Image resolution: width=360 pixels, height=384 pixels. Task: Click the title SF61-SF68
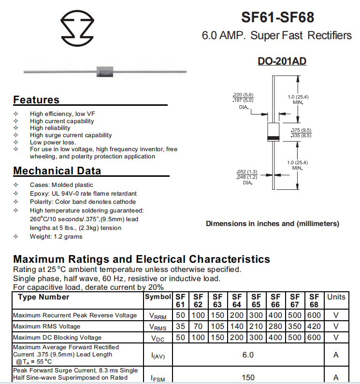tap(277, 18)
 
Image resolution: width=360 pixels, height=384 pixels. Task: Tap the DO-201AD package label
tap(282, 61)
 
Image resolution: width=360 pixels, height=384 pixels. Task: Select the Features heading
tap(36, 100)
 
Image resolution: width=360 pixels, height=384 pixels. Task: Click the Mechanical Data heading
tap(57, 171)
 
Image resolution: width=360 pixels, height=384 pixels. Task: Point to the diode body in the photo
tap(105, 71)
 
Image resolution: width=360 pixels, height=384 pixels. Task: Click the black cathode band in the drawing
tap(274, 139)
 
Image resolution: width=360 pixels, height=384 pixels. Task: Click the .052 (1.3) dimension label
tap(247, 172)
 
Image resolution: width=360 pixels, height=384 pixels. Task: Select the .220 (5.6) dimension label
tap(243, 95)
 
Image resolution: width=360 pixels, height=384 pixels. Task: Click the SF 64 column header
tap(237, 300)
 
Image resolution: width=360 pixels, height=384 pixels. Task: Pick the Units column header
tap(336, 297)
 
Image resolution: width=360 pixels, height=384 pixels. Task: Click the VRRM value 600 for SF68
tap(314, 315)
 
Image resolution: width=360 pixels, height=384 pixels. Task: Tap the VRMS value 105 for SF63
tap(217, 327)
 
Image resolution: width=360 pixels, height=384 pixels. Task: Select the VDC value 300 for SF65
tap(256, 337)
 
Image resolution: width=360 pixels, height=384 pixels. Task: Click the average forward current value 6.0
tap(248, 355)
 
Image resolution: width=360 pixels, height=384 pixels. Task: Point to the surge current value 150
tap(248, 377)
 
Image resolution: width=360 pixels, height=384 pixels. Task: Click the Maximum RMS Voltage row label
tap(47, 327)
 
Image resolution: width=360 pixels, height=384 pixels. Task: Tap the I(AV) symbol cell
tap(158, 356)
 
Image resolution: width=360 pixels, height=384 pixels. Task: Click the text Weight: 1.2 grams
tap(56, 237)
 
